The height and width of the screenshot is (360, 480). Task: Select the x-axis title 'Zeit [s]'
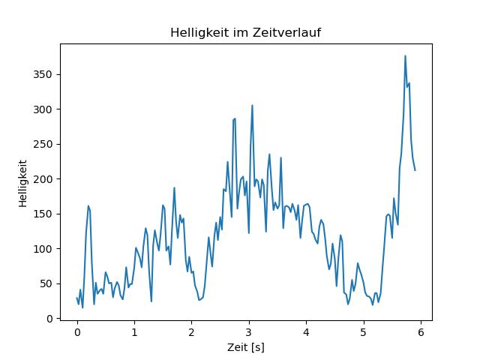pos(246,347)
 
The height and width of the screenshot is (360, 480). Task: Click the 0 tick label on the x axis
pos(77,332)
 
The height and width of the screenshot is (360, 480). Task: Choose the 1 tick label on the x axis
pos(134,332)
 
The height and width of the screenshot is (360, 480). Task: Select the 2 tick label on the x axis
pos(191,332)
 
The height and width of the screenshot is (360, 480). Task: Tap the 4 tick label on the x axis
pos(306,332)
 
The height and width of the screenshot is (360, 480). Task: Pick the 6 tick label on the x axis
pos(421,332)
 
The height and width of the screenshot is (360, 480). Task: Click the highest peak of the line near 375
pos(405,55)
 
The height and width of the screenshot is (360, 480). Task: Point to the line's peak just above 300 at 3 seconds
pos(252,105)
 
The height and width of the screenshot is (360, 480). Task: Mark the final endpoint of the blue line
pos(415,170)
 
